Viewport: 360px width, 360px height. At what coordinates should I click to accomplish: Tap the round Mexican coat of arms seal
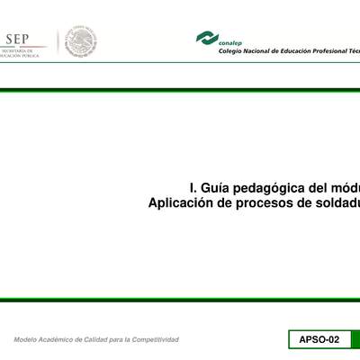[x=81, y=42]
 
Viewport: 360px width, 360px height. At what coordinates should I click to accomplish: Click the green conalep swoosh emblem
[x=207, y=38]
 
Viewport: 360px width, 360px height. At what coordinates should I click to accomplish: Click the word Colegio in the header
[x=232, y=51]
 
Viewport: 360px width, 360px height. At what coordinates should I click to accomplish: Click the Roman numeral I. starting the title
[x=193, y=188]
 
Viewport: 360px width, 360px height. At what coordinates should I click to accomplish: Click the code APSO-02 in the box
[x=319, y=339]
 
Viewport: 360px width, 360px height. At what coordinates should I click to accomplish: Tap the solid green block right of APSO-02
[x=355, y=339]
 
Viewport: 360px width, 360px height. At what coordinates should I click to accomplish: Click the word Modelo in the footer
[x=27, y=339]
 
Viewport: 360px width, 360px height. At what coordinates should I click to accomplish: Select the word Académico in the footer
[x=63, y=339]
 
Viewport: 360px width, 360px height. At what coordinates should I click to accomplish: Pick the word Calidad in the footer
[x=104, y=339]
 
